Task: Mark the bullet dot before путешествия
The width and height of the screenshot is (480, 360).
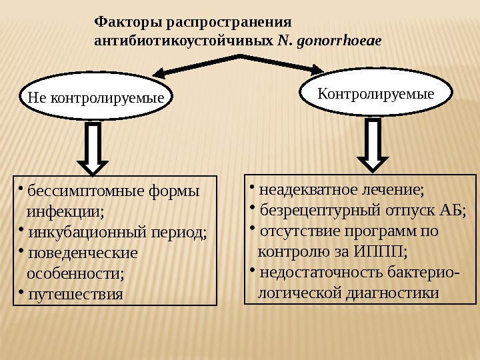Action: (21, 291)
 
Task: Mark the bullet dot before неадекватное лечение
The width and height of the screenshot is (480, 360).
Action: (253, 188)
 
